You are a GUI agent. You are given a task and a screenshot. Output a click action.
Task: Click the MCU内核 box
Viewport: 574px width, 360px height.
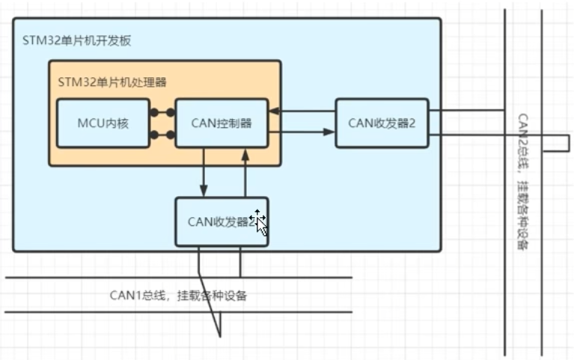(103, 123)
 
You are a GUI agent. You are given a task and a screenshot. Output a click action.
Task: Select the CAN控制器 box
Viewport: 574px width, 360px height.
(221, 123)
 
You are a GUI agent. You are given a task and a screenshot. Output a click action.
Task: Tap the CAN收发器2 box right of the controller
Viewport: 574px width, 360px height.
(382, 123)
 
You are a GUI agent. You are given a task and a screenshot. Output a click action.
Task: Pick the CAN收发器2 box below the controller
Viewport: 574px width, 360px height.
(222, 222)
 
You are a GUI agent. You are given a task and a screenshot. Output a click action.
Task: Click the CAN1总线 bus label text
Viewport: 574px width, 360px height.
(178, 295)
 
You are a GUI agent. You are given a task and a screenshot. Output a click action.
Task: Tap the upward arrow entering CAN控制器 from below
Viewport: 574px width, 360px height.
(245, 154)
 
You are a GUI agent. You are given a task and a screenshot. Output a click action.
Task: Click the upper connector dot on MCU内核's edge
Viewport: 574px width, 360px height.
(152, 112)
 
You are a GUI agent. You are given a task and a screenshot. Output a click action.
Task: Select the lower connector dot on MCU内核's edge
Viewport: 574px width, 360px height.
(152, 135)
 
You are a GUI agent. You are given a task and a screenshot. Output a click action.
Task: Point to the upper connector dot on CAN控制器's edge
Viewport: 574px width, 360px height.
(171, 112)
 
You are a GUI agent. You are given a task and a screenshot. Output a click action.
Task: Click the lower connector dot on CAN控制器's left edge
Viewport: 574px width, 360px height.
(171, 135)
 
